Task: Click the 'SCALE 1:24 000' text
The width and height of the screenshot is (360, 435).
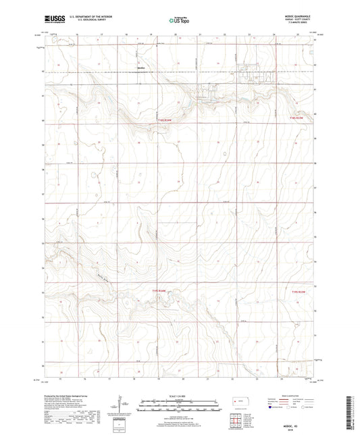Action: tap(179, 394)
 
